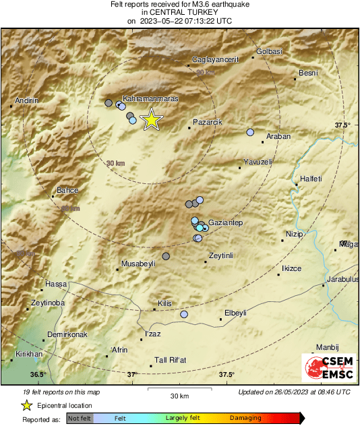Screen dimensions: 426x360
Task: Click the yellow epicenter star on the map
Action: click(152, 119)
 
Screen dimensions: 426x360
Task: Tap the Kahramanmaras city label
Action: click(150, 99)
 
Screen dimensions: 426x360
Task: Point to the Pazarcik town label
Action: click(208, 122)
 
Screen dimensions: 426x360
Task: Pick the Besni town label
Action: click(308, 73)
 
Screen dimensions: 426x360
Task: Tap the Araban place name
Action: click(278, 136)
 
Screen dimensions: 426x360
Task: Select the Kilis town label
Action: click(165, 303)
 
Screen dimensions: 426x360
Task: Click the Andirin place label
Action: click(26, 100)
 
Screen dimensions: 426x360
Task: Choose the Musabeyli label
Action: click(138, 264)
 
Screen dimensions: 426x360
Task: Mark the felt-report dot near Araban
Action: click(250, 132)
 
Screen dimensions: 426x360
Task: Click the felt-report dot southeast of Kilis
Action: click(184, 314)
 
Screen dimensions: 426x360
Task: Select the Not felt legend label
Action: click(80, 418)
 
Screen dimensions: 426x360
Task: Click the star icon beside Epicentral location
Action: click(27, 405)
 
